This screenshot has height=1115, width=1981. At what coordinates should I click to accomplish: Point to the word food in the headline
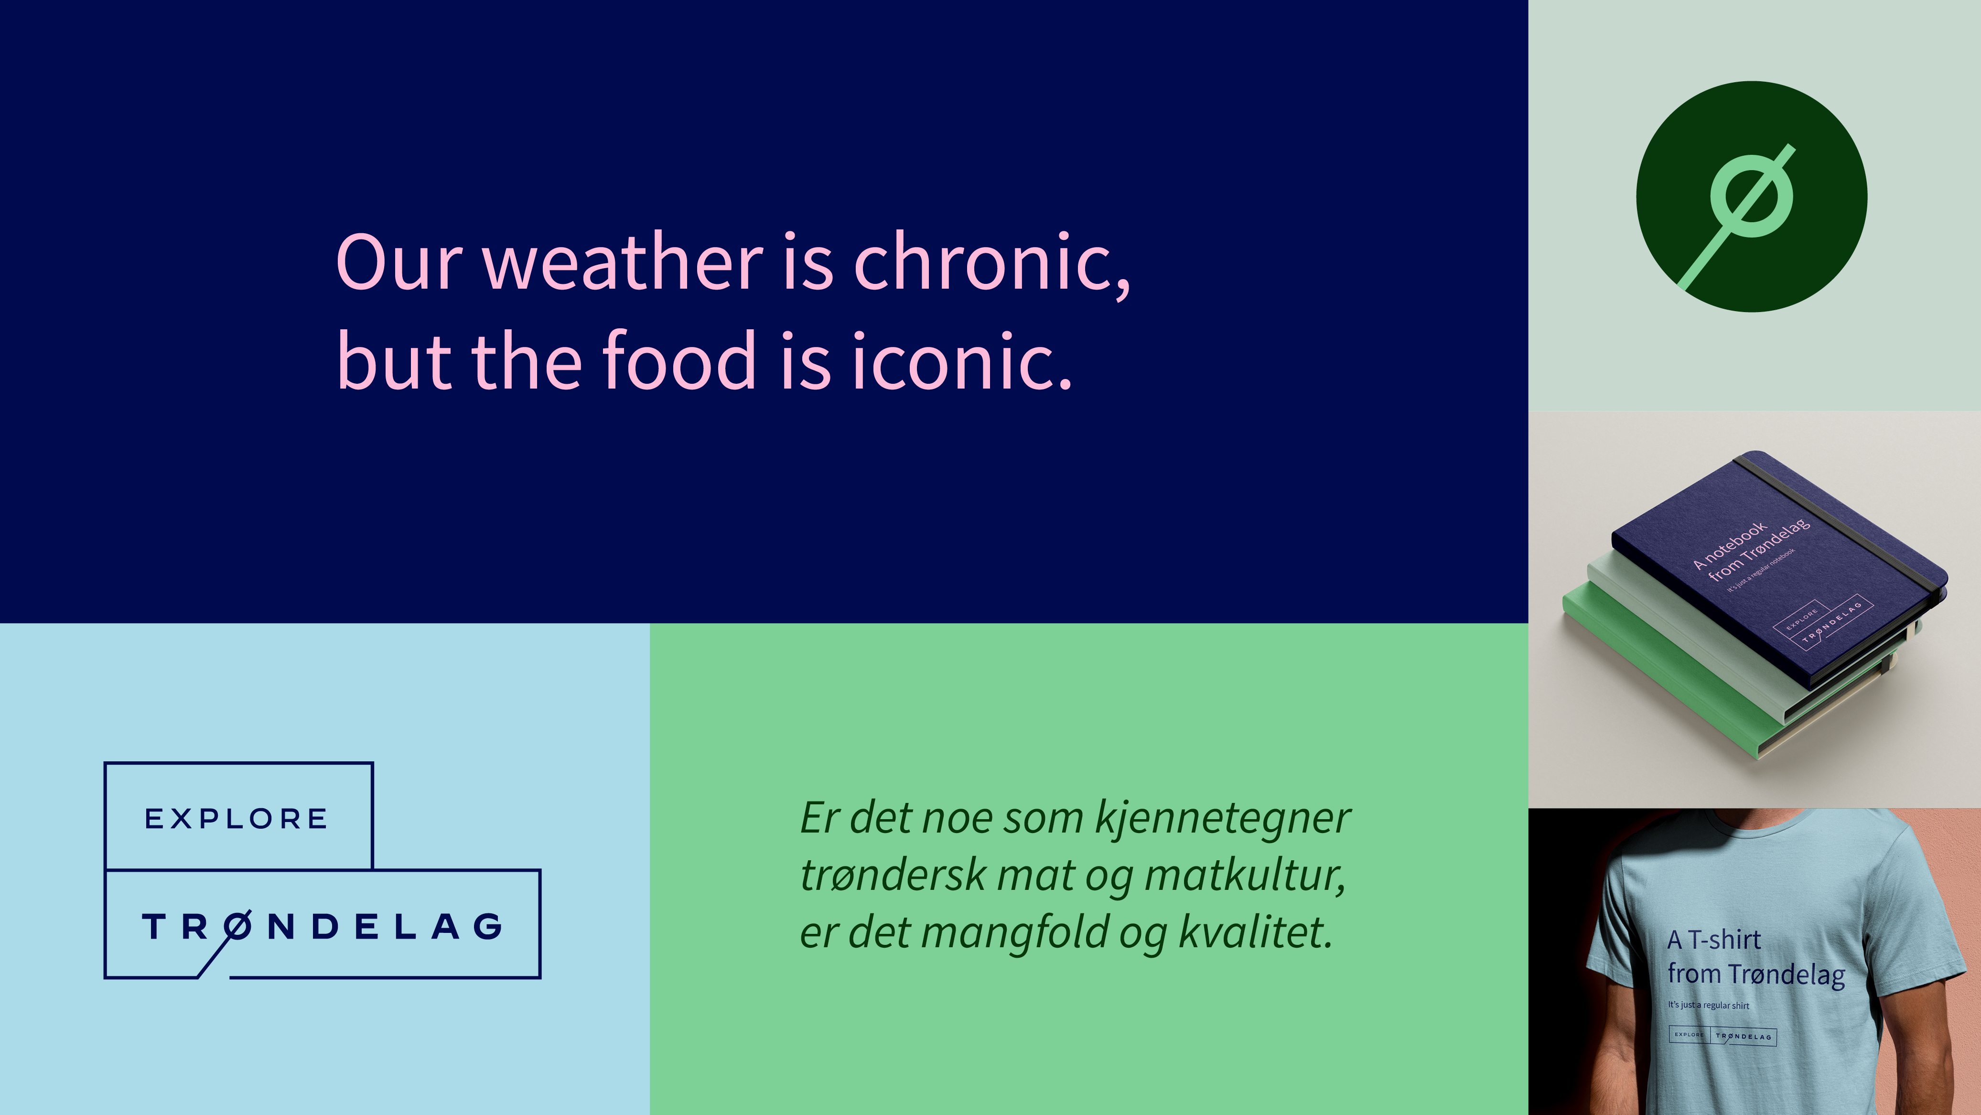pos(680,358)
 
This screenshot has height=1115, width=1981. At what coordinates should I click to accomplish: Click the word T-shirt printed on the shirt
pos(1724,940)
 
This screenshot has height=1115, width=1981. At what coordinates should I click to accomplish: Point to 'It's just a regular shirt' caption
pos(1708,1005)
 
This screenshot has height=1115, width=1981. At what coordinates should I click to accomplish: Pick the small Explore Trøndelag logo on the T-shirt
pos(1723,1036)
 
